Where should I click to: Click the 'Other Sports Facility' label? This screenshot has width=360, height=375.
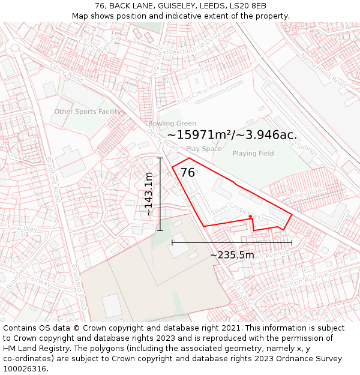coord(88,112)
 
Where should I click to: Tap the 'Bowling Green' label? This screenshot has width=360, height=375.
coord(172,124)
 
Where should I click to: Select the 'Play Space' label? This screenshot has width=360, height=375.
coord(203,149)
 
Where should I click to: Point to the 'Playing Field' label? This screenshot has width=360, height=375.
coord(253,154)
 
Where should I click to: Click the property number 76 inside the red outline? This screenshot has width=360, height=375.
coord(188,173)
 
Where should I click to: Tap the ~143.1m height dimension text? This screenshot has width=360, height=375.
coord(149,194)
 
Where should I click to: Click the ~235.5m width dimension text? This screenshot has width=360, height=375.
coord(232,255)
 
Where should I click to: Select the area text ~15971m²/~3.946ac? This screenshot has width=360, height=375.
coord(232,135)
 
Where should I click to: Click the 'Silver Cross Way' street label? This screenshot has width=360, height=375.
coord(236,211)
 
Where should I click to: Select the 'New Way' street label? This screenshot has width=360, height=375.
coord(23,229)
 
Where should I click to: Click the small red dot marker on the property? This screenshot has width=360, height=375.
coord(250,217)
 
